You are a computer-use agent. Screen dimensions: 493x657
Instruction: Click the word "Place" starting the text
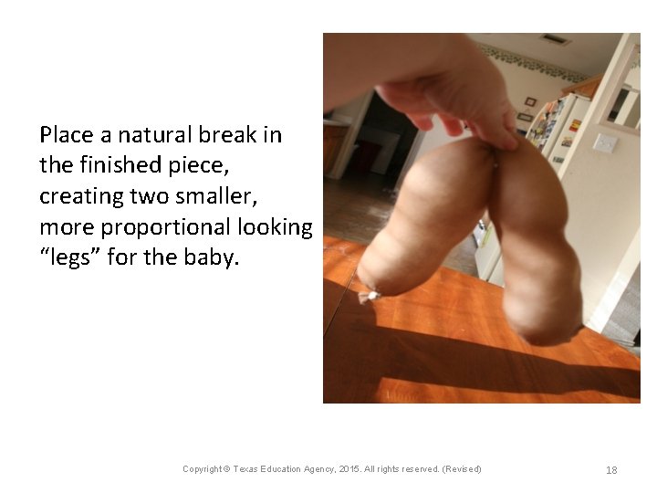[67, 135]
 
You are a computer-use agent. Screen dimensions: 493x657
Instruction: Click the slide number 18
[611, 470]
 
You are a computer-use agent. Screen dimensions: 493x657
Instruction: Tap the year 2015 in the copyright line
[350, 469]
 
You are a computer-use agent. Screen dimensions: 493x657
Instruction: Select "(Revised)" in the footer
[461, 469]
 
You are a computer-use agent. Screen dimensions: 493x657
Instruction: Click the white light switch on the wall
[603, 143]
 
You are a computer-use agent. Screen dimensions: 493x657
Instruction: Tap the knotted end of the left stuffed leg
[369, 295]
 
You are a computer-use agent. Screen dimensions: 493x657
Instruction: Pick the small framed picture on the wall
[530, 101]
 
